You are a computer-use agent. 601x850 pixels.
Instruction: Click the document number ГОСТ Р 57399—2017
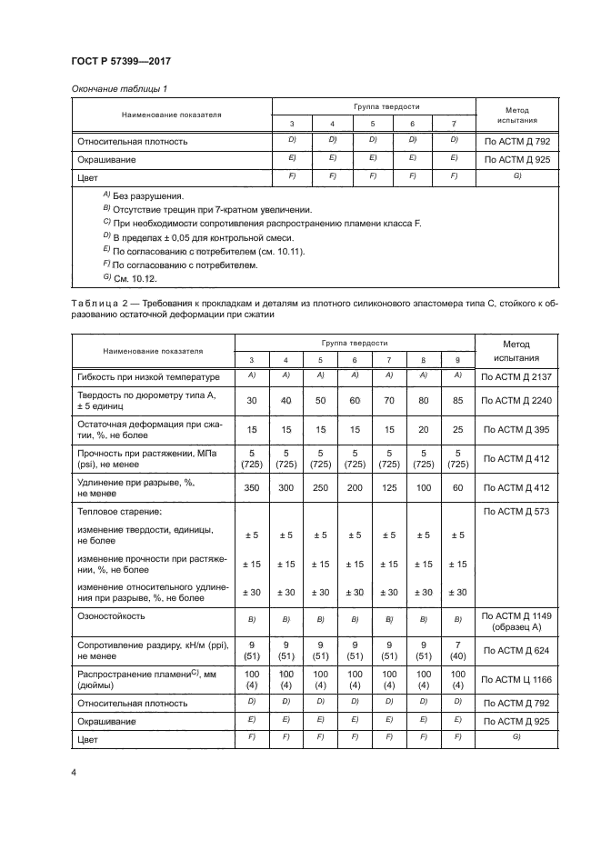point(120,61)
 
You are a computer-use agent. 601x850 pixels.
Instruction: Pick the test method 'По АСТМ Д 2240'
point(516,400)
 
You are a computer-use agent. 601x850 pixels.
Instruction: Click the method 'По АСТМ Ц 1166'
point(516,679)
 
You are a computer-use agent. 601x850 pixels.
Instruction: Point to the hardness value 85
point(457,400)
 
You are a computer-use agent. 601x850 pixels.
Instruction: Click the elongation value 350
point(254,487)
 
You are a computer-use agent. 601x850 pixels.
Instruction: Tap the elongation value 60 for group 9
point(457,487)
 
